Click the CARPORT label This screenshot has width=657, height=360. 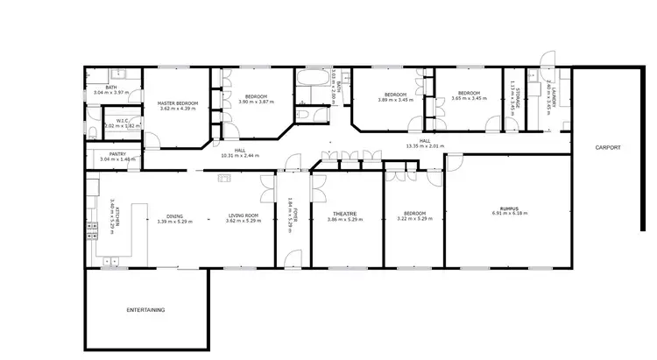click(607, 148)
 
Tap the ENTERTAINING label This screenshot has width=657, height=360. click(145, 310)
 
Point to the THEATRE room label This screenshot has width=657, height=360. click(343, 214)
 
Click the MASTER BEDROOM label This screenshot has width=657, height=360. click(178, 103)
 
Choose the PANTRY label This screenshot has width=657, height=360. click(105, 154)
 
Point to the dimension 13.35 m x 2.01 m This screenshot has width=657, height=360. click(425, 145)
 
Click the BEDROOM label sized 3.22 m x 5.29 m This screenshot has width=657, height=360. click(414, 214)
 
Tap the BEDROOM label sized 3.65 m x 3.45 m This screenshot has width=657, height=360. click(469, 93)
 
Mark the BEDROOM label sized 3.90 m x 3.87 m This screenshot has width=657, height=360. click(256, 96)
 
